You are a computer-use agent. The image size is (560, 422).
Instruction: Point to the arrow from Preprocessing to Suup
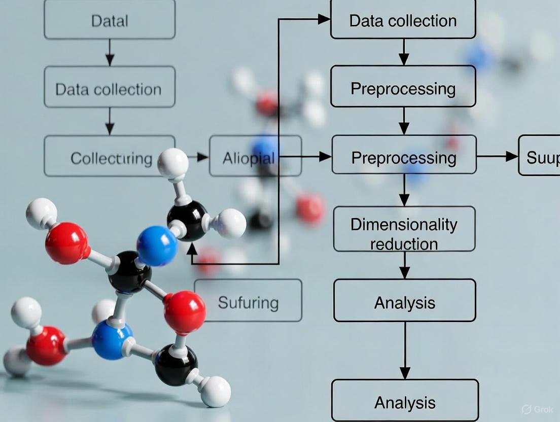click(497, 156)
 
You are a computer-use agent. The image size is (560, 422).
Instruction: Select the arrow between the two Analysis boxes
click(405, 350)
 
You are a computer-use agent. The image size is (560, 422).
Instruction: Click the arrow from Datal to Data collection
click(110, 52)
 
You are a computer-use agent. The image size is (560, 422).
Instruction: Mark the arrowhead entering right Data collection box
click(324, 19)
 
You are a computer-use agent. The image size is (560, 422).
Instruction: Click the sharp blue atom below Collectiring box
click(157, 246)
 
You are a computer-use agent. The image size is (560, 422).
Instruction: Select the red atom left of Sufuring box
click(185, 312)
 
